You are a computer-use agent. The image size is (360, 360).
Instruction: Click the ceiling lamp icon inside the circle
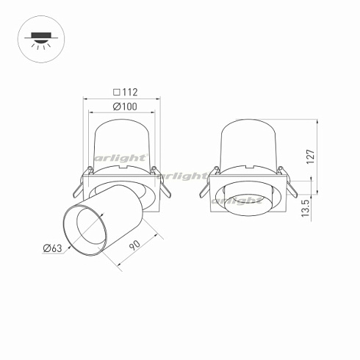coord(37,37)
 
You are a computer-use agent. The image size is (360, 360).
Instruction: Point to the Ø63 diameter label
coord(51,249)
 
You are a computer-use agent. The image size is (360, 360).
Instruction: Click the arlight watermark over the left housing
coord(121,158)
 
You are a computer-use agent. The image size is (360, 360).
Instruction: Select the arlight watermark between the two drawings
coord(183,176)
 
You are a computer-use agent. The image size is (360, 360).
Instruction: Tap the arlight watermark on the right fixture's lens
coord(237,199)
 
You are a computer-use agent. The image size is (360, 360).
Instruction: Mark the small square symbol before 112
coord(117,93)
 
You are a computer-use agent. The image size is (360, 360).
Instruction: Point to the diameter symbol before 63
coord(46,249)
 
